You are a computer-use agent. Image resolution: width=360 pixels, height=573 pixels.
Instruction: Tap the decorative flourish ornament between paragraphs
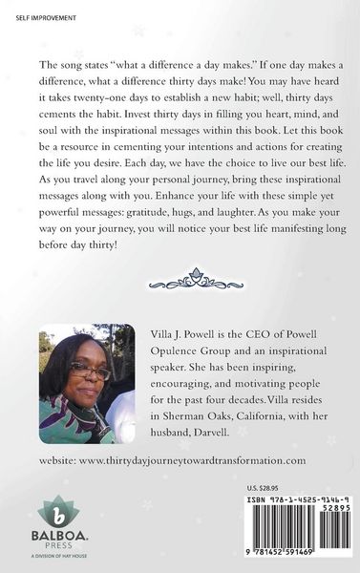point(180,283)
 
